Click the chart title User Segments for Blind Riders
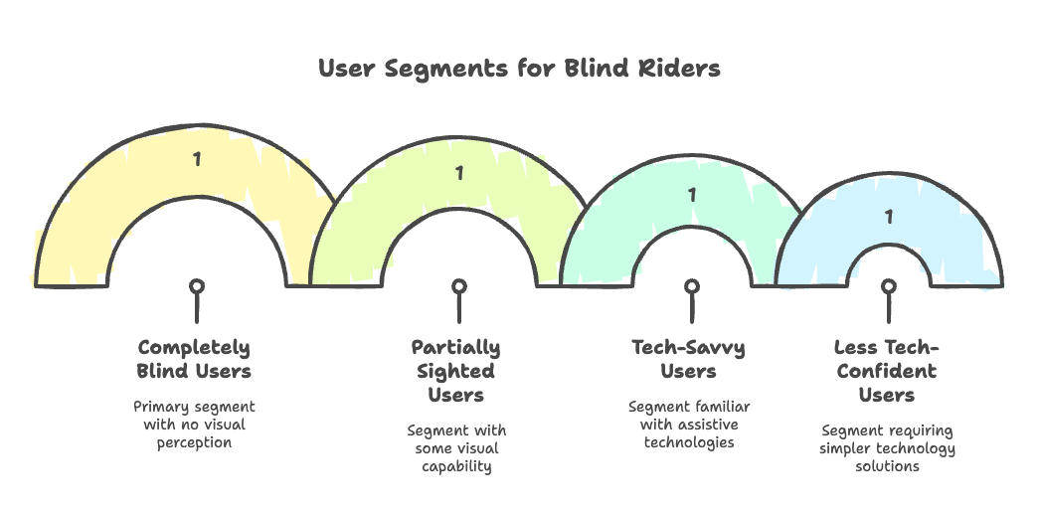519,69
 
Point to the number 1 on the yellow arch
197,158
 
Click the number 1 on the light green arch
458,173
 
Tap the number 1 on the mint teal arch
691,195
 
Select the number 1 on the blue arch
889,216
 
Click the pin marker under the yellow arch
197,287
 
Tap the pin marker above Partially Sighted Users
458,287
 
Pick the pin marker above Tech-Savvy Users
691,287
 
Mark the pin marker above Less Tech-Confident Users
889,287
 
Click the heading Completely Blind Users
195,359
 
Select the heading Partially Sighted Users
456,371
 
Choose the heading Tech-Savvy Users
689,359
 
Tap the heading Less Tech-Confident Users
887,371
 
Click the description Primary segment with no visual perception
195,424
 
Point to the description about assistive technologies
689,424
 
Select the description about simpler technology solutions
887,447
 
